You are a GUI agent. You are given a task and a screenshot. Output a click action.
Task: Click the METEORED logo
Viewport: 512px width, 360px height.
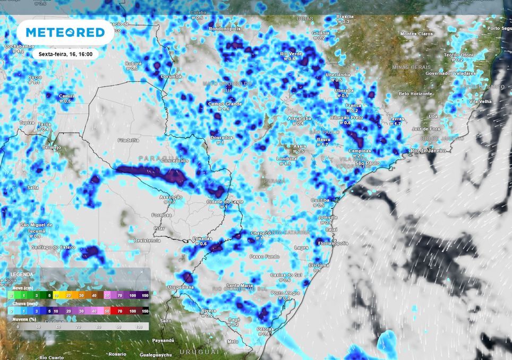point(65,32)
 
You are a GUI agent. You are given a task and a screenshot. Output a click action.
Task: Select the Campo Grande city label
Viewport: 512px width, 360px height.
point(225,104)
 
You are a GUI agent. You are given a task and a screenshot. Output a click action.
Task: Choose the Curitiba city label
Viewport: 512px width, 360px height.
point(321,200)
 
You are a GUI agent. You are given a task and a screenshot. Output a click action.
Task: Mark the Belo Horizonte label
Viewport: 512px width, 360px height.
point(415,93)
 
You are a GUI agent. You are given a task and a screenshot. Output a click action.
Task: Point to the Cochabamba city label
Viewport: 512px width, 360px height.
point(19,46)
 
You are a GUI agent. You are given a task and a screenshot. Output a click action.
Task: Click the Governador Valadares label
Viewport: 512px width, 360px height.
point(447,73)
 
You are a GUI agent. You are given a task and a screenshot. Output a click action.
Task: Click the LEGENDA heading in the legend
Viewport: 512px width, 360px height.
point(22,275)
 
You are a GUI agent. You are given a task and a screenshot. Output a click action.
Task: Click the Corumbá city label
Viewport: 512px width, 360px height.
point(171,76)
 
